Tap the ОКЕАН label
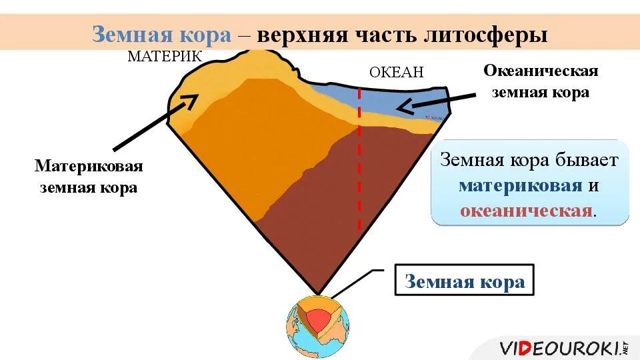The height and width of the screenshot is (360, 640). (x=396, y=72)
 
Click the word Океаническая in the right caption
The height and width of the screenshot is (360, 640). (x=540, y=71)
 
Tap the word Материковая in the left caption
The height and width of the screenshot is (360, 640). (x=89, y=165)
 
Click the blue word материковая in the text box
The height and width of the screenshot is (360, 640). (x=520, y=185)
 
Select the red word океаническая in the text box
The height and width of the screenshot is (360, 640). (x=526, y=211)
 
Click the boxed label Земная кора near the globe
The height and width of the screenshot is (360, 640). (x=465, y=281)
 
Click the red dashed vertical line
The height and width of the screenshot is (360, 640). (x=359, y=167)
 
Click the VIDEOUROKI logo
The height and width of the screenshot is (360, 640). (x=563, y=347)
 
